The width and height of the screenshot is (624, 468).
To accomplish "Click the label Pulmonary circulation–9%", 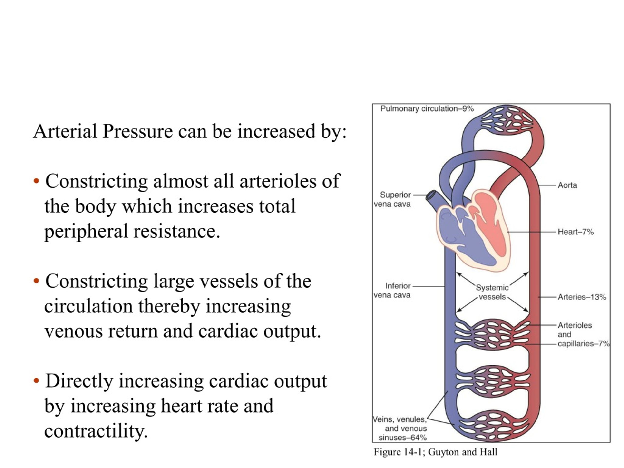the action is [x=427, y=109].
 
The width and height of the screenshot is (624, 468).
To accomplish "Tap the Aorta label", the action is [x=567, y=185].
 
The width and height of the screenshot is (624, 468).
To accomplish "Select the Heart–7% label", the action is [x=575, y=232].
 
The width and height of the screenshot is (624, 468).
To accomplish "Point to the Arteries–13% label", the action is [x=582, y=297].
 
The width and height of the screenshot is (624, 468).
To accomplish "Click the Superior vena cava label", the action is [x=392, y=199].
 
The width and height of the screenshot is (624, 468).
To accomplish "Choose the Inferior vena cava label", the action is [x=392, y=291].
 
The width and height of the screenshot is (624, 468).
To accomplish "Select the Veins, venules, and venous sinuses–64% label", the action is [x=400, y=429].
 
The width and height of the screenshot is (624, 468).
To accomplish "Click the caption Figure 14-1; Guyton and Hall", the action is [x=435, y=452].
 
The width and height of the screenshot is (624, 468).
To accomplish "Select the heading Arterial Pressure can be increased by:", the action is [x=190, y=131].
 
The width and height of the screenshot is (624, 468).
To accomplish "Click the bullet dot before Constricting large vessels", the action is [x=36, y=281].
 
